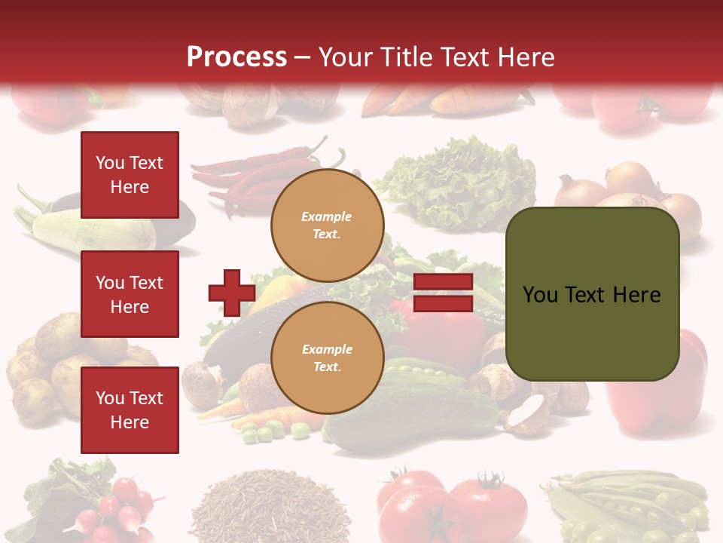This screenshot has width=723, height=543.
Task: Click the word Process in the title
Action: click(236, 57)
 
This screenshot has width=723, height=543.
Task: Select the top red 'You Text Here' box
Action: click(130, 175)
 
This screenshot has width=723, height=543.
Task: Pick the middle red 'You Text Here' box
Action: click(130, 294)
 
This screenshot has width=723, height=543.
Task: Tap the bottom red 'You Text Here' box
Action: click(130, 410)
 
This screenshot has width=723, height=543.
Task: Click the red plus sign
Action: click(232, 293)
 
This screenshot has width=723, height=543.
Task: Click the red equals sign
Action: click(444, 293)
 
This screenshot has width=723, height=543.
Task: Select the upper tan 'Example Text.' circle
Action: click(327, 225)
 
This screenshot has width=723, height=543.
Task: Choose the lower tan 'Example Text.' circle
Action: click(327, 357)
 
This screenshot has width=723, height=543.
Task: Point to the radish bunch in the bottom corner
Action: click(113, 505)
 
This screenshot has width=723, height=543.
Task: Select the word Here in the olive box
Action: click(636, 295)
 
